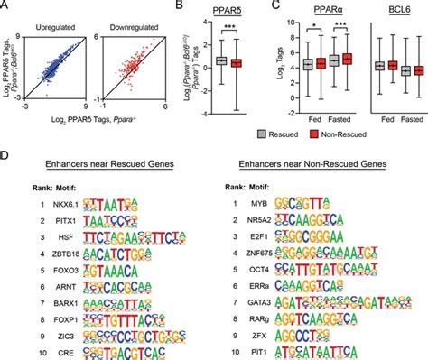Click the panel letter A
tap(5, 7)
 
